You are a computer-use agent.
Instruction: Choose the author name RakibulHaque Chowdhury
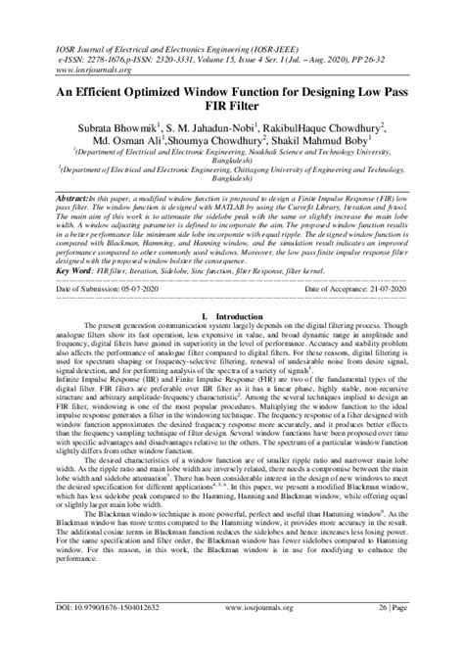pos(329,126)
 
